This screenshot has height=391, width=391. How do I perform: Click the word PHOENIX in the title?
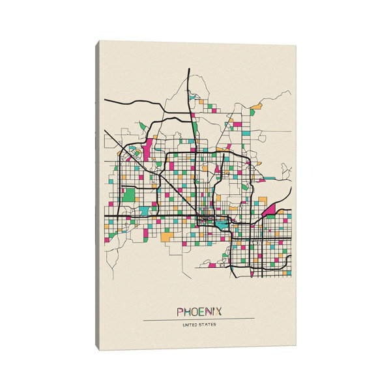(199, 311)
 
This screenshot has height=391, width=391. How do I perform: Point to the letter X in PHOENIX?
(217, 311)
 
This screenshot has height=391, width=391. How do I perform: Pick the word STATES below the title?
(207, 325)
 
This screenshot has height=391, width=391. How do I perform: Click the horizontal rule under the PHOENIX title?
(199, 319)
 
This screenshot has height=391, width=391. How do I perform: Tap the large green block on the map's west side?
(129, 194)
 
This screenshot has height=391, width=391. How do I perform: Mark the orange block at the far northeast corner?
(257, 105)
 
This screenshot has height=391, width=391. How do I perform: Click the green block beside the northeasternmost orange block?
(252, 112)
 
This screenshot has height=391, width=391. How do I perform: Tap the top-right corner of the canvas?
(295, 46)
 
